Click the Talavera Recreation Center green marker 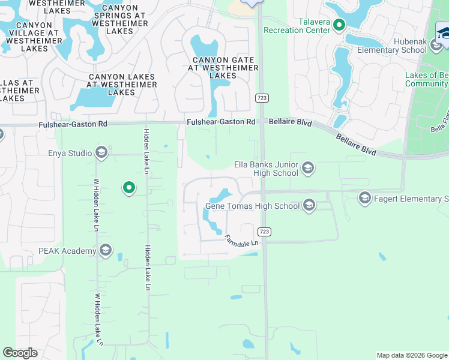tap(339, 25)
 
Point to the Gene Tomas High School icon tap(309, 206)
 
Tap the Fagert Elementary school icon tap(364, 197)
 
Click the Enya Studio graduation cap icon tap(101, 153)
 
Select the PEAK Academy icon tap(106, 250)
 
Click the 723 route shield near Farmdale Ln tap(264, 232)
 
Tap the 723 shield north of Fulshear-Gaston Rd tap(262, 97)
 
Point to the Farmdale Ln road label tap(241, 242)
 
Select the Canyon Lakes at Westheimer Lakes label tap(121, 85)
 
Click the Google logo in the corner tap(20, 353)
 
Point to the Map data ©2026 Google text tap(411, 355)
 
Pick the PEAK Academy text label tap(67, 251)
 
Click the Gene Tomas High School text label tap(252, 206)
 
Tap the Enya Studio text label tap(70, 154)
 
